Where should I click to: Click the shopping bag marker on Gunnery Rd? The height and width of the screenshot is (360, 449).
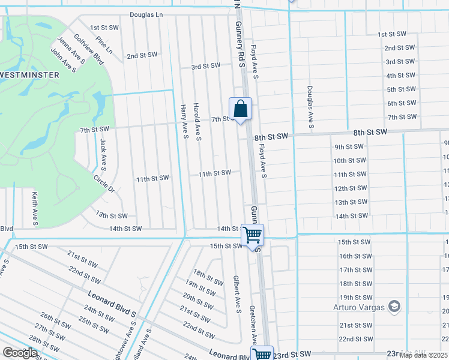point(240,109)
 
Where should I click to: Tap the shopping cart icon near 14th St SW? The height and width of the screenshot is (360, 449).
point(253,234)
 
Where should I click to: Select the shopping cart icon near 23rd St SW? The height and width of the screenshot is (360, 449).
point(262,354)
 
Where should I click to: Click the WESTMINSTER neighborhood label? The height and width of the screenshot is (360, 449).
point(30,74)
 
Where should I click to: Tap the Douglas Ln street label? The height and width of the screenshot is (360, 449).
point(146,14)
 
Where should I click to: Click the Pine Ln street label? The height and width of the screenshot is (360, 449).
point(104,46)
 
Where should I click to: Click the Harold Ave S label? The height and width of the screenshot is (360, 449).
point(197,122)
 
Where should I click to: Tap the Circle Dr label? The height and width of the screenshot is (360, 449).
point(104,184)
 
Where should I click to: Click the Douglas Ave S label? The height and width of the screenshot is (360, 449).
point(310,107)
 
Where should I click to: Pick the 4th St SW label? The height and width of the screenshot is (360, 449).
point(401,76)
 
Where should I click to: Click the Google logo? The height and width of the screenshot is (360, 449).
point(20,353)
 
